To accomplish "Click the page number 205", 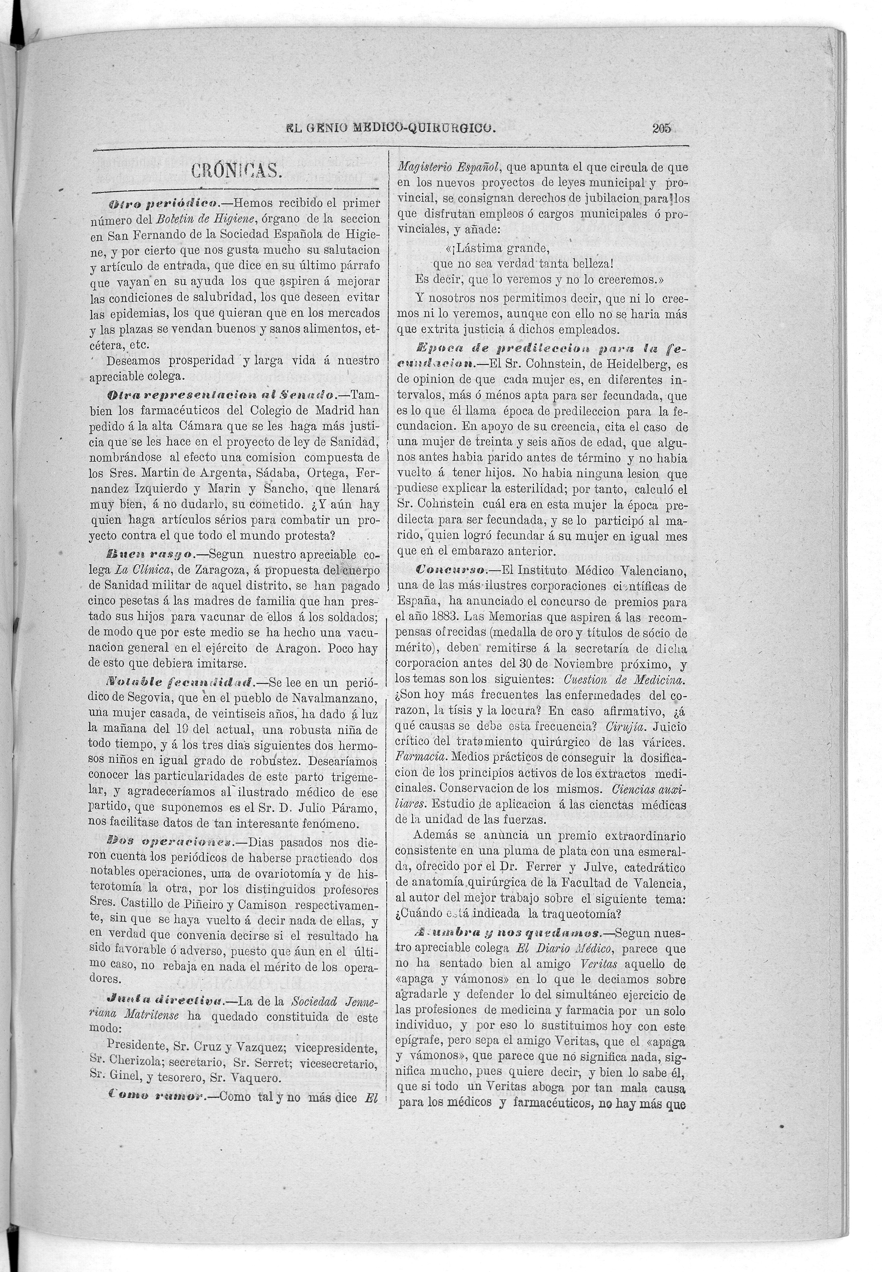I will coord(661,129).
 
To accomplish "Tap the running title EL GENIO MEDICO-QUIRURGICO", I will coord(391,129).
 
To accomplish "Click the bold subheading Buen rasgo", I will coord(149,555).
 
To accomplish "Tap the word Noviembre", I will coord(580,663).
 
